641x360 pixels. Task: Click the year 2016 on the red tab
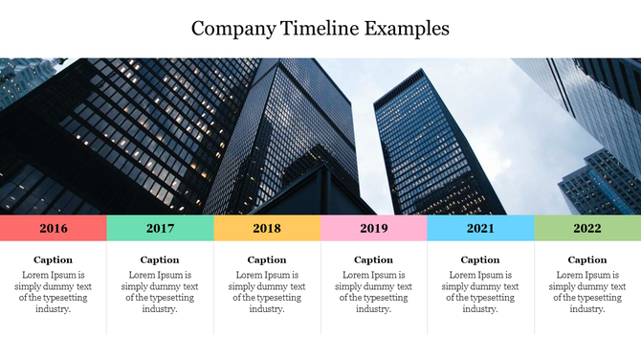(x=54, y=228)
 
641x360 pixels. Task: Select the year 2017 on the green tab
(x=160, y=228)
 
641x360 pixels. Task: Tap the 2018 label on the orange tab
(x=267, y=228)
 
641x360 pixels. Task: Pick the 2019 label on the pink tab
(x=374, y=228)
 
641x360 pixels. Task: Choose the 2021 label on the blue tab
(x=480, y=228)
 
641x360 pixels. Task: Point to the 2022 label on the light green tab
(x=587, y=228)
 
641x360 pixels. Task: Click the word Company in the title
(x=232, y=29)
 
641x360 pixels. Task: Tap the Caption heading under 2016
(x=54, y=259)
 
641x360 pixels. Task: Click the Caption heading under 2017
(x=160, y=259)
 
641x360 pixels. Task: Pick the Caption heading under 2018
(x=267, y=259)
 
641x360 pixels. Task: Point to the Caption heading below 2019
(x=374, y=259)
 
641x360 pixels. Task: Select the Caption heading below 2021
(x=480, y=259)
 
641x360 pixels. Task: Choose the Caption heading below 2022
(x=587, y=259)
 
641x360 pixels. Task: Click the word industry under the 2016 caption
(x=53, y=309)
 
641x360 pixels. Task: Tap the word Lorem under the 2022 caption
(x=570, y=275)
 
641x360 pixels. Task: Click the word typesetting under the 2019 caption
(x=387, y=298)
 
